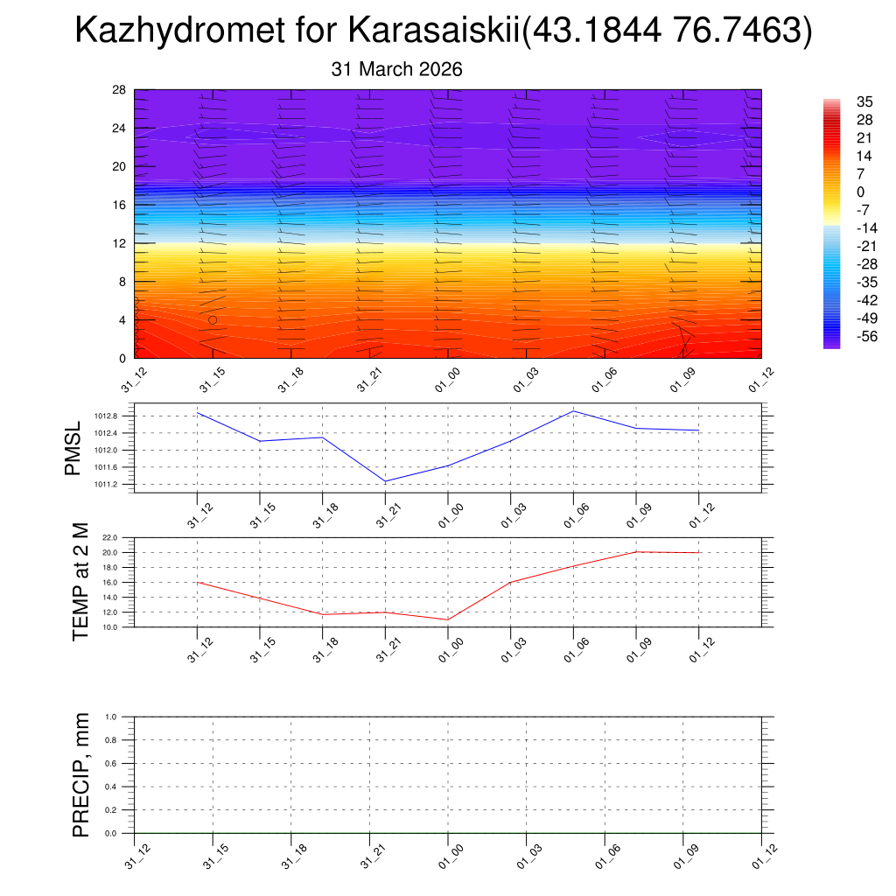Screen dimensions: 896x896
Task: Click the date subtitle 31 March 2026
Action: coord(396,69)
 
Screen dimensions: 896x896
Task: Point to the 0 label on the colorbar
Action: coord(861,192)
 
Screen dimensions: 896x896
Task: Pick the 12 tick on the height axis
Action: coord(120,243)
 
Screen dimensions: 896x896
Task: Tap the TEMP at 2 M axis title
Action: coord(80,581)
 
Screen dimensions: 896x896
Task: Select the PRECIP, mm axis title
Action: coord(80,775)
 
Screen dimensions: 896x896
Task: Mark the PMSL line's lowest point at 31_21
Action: coord(386,481)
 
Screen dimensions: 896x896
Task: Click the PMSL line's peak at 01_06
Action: coord(573,410)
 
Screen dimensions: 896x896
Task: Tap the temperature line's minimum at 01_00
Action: coord(448,619)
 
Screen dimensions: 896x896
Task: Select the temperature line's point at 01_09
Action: coord(636,551)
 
